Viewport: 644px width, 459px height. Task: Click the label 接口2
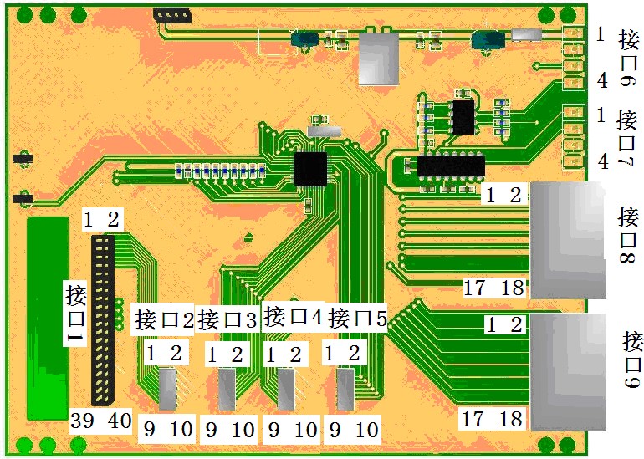coord(164,319)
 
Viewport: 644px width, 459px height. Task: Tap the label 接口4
coord(293,316)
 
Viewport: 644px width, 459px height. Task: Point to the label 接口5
coord(357,319)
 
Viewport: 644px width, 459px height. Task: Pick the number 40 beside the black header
coord(118,421)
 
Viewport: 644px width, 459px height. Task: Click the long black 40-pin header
coord(103,318)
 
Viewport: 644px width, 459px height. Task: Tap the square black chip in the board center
coord(310,168)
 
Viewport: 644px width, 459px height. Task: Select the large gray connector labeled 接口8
coord(570,240)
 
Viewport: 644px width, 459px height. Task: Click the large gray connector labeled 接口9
coord(570,372)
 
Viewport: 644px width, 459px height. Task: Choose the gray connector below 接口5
coord(345,390)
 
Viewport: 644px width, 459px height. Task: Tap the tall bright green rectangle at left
coord(48,318)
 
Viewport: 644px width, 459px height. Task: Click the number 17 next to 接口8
coord(474,288)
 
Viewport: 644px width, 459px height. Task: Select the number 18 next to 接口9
coord(513,417)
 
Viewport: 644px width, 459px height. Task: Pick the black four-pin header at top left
coord(171,15)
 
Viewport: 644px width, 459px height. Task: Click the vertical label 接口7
coord(627,140)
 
